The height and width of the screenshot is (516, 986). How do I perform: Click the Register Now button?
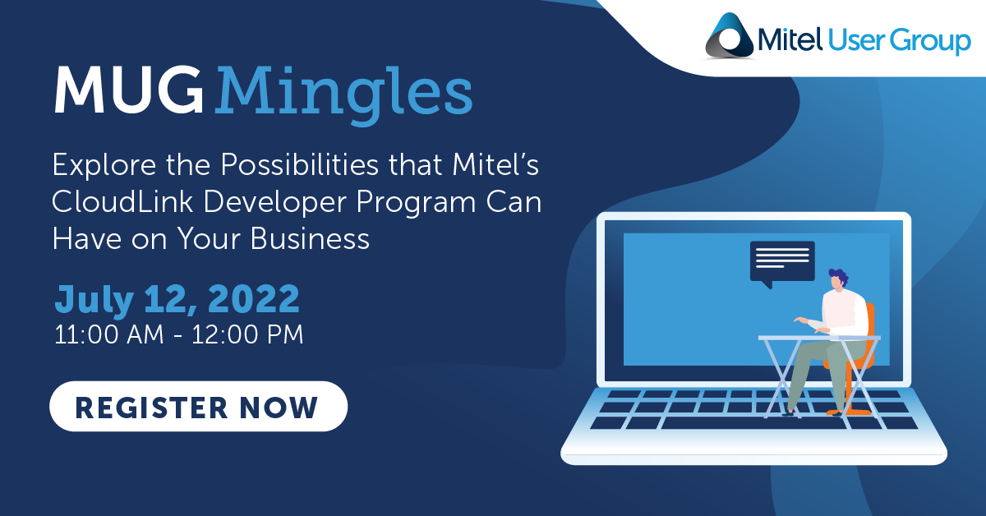point(199,406)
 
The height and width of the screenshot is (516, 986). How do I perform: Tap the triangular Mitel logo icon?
point(730,36)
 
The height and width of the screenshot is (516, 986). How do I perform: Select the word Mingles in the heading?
point(343,94)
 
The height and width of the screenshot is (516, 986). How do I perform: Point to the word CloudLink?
point(122,201)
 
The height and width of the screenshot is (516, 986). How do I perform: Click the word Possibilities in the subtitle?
point(300,164)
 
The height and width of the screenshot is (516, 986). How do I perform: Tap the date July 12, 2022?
point(177,299)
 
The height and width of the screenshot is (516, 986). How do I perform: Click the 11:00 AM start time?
point(108,334)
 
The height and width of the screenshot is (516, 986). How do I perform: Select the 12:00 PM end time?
point(247,334)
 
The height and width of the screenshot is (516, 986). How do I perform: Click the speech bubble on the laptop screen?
point(782,262)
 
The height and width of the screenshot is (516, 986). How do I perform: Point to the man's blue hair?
point(840,276)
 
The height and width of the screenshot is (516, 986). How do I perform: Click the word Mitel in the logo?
point(790,39)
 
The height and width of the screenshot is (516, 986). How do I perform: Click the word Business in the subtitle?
point(310,239)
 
